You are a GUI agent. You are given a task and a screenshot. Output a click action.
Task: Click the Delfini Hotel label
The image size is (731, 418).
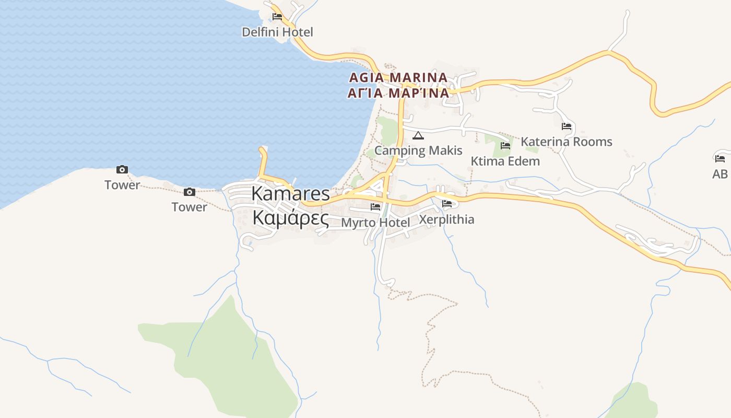[277, 32]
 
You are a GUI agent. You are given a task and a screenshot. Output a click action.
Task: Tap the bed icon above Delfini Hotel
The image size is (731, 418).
[277, 17]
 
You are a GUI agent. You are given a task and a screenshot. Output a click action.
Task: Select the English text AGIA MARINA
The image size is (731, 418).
[398, 78]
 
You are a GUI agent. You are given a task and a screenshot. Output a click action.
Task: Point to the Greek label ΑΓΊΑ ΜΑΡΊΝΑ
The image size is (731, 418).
[398, 93]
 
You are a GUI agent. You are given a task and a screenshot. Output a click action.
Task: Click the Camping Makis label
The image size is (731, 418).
[418, 150]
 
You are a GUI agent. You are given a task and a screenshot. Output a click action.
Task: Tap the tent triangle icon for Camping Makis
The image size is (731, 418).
[418, 136]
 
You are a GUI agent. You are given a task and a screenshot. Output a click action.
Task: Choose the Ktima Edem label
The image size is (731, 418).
[505, 161]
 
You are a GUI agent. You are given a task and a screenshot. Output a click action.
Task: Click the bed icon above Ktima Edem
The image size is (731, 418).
[505, 146]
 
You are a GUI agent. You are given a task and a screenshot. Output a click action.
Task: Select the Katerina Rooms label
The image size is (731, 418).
[567, 142]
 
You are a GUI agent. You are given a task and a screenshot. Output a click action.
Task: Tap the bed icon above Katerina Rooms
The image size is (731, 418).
[567, 126]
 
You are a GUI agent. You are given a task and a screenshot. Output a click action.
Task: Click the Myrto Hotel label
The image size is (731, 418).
[375, 223]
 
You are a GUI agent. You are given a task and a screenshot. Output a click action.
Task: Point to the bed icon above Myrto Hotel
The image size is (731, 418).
[375, 207]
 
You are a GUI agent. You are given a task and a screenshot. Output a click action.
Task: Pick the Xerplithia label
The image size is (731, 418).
[447, 219]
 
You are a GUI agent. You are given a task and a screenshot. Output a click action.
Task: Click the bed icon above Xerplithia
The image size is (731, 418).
[447, 204]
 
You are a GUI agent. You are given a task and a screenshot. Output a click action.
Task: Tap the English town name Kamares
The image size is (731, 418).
[290, 194]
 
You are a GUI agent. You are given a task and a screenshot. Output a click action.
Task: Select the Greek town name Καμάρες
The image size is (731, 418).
[290, 218]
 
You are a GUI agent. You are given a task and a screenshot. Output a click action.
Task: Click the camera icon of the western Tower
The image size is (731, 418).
[122, 170]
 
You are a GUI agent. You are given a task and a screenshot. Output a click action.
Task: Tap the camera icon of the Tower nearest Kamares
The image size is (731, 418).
[190, 192]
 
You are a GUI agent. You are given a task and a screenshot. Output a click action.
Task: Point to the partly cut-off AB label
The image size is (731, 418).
[720, 174]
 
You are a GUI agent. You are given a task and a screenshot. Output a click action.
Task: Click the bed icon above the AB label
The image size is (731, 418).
[720, 158]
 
